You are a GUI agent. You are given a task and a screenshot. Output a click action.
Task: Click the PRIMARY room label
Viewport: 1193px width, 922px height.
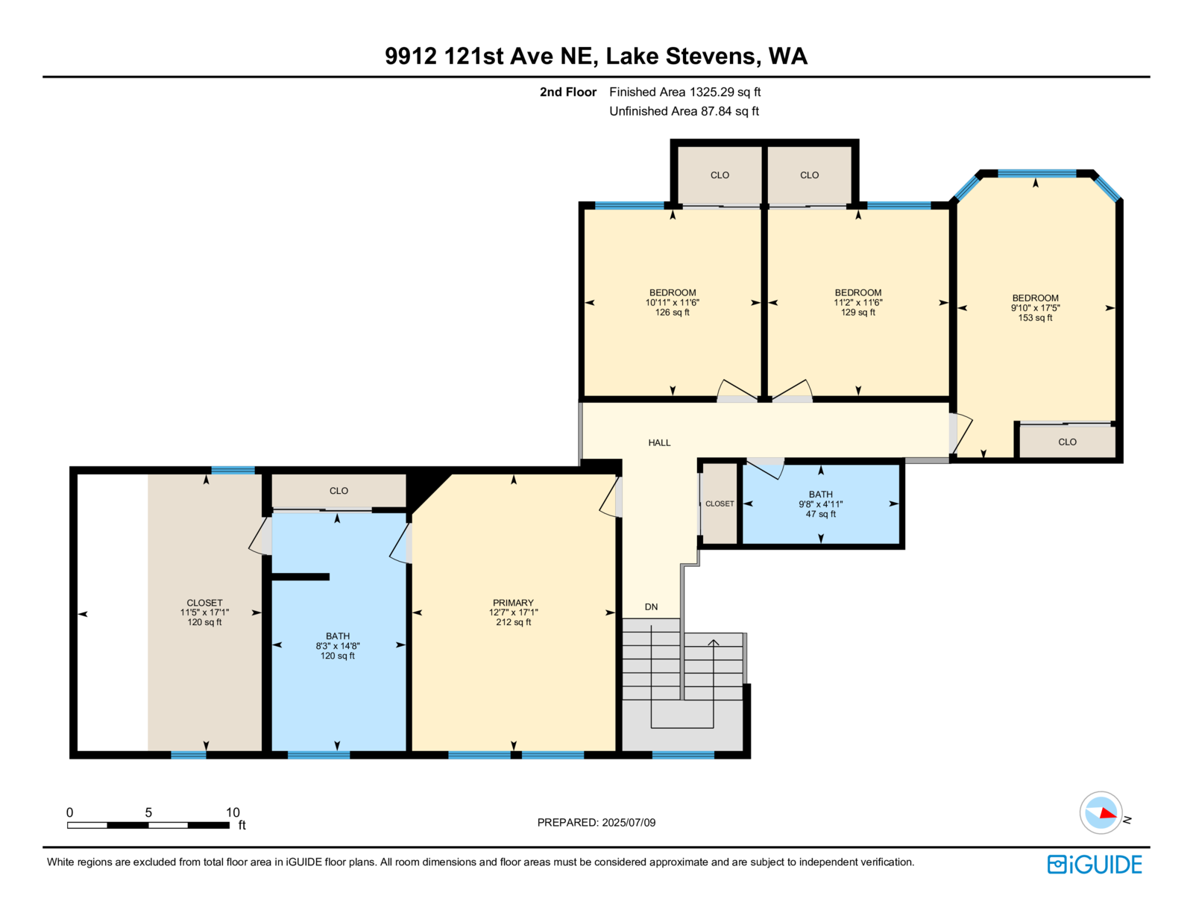[513, 603]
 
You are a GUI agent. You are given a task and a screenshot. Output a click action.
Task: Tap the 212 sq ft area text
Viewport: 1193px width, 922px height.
[513, 622]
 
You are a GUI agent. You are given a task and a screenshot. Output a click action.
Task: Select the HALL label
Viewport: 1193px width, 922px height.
[659, 442]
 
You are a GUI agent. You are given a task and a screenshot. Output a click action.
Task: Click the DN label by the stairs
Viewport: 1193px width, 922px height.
[651, 606]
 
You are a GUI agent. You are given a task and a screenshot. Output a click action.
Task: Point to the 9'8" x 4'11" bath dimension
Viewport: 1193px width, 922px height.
[820, 504]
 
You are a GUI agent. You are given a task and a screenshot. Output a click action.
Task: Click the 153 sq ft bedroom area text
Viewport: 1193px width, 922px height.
[1035, 318]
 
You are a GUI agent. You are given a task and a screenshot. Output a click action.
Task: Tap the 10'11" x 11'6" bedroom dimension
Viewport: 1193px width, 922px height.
[672, 303]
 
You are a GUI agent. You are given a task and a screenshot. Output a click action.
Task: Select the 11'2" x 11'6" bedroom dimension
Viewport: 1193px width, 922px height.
[857, 303]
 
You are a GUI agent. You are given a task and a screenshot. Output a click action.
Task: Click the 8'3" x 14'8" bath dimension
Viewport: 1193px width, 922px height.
[337, 646]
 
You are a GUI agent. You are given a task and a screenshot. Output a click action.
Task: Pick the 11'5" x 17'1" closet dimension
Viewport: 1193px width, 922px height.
[204, 612]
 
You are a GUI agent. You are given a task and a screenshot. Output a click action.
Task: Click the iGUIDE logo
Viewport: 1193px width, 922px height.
[1094, 865]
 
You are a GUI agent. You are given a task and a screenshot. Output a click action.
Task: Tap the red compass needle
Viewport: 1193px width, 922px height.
[1108, 813]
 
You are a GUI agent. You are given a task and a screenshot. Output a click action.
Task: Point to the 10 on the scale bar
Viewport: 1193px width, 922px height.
[233, 812]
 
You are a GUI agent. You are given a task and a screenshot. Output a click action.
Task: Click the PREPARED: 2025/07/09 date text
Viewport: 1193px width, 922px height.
[596, 823]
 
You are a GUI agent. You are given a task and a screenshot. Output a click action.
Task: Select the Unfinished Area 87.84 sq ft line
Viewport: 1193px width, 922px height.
[684, 111]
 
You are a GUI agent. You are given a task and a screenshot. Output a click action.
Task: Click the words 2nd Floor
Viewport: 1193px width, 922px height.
[567, 92]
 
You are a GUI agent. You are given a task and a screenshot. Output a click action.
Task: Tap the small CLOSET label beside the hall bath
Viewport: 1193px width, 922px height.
[720, 504]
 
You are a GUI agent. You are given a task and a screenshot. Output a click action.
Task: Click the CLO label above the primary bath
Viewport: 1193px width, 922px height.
[339, 491]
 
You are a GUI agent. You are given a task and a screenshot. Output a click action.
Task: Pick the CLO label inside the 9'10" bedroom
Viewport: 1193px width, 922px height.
[1067, 442]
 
